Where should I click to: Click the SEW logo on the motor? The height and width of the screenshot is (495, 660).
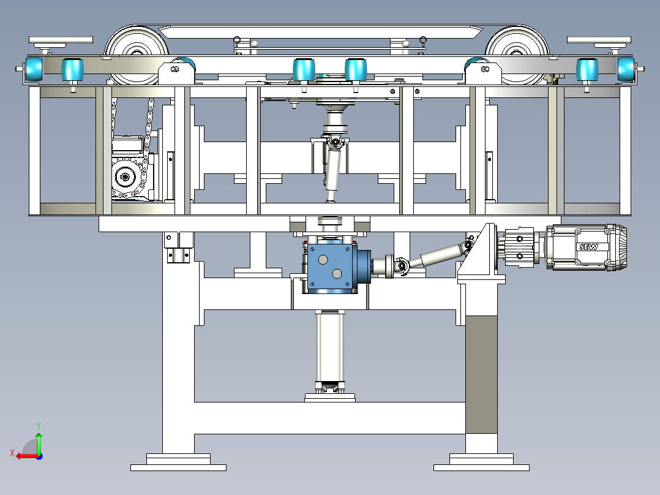click(x=588, y=247)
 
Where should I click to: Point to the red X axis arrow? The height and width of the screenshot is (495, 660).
click(x=27, y=456)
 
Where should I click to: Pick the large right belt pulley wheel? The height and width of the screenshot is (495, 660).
click(x=517, y=55)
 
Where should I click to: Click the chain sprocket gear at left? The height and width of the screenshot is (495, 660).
click(x=125, y=178)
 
